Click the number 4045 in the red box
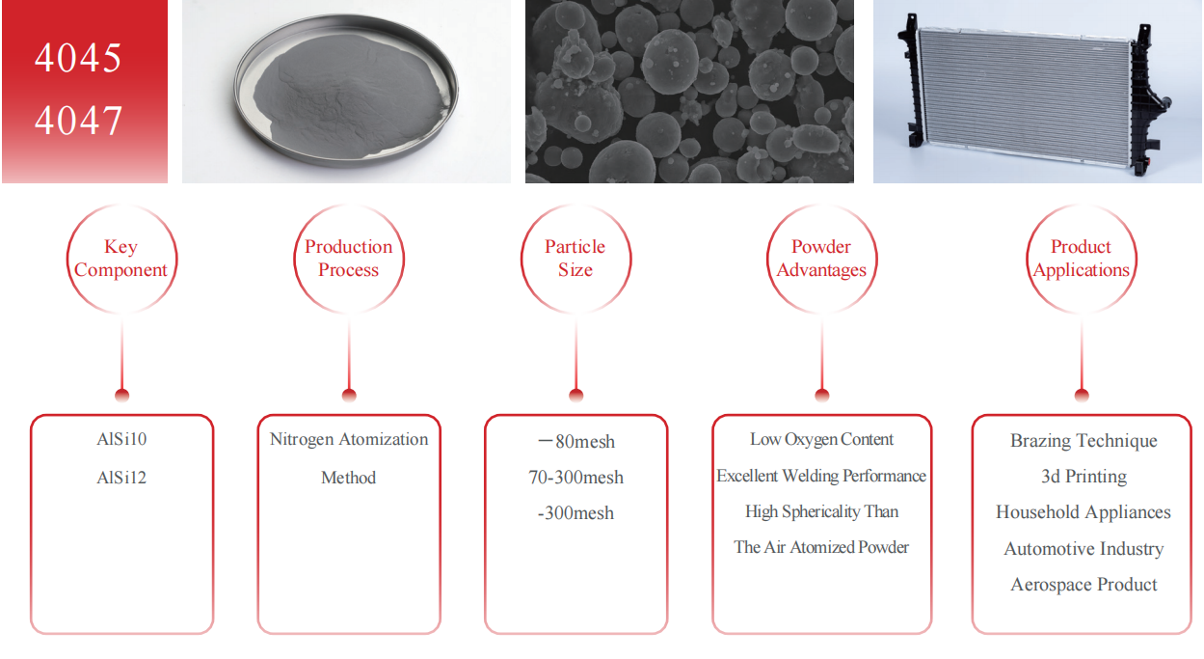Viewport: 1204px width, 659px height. click(x=78, y=58)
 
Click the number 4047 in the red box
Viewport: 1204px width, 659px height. click(x=78, y=122)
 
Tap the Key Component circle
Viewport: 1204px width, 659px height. click(x=121, y=259)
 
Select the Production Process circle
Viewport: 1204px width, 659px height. click(x=348, y=259)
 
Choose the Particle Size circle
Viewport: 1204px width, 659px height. click(x=575, y=259)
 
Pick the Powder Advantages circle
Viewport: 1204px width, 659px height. click(x=821, y=259)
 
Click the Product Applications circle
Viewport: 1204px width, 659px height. click(x=1081, y=259)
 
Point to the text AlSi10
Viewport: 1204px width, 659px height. click(x=121, y=440)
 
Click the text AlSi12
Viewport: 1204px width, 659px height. click(x=121, y=478)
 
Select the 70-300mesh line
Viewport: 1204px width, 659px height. click(x=575, y=478)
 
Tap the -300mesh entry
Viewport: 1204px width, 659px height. click(x=575, y=513)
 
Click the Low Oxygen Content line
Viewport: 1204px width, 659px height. click(x=821, y=440)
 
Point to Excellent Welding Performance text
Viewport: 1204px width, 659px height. click(x=821, y=476)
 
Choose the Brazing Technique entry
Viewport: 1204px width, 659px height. click(x=1084, y=441)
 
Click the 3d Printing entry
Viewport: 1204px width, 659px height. click(x=1084, y=477)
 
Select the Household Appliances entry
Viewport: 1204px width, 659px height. click(x=1084, y=512)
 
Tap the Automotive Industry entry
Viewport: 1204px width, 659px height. click(x=1084, y=549)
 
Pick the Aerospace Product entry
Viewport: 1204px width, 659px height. click(x=1084, y=585)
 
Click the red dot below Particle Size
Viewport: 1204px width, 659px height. click(x=576, y=395)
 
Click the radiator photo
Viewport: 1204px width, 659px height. click(x=1036, y=92)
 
